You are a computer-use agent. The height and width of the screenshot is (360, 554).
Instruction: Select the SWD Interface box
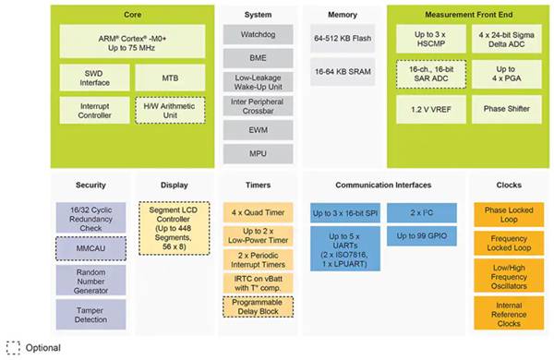(90, 78)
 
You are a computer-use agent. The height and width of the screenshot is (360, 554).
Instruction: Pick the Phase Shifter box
(505, 110)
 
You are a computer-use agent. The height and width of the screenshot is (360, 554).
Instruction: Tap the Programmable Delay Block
(259, 307)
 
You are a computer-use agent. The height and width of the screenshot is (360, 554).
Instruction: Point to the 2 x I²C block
(422, 212)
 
